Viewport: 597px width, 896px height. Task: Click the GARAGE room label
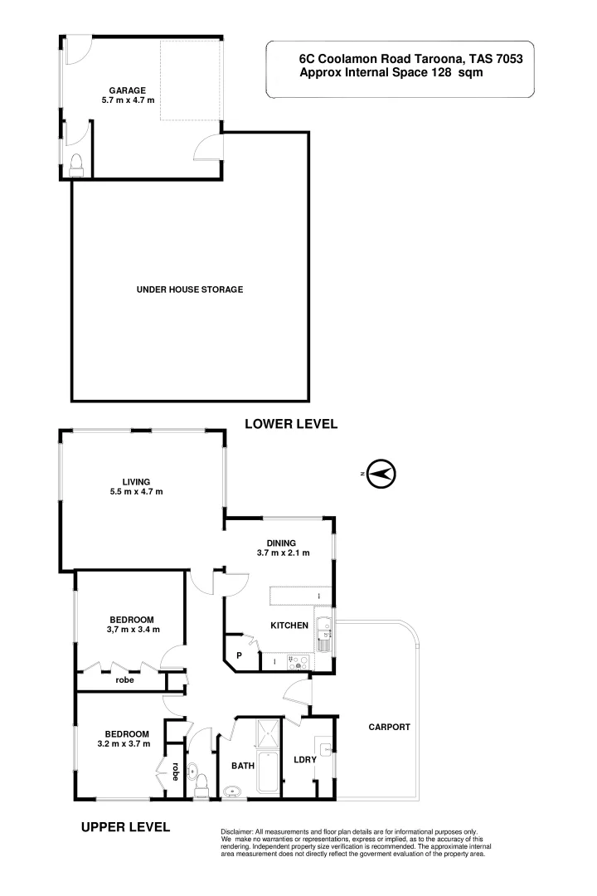click(128, 90)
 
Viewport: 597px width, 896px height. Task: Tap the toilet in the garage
click(76, 164)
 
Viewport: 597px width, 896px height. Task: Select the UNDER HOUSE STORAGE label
click(189, 290)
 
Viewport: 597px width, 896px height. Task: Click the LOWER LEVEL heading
click(291, 424)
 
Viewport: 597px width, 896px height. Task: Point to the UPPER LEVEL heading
click(125, 826)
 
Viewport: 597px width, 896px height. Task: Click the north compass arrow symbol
click(381, 474)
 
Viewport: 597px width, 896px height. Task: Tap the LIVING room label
click(136, 481)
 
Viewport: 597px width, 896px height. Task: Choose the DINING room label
click(281, 543)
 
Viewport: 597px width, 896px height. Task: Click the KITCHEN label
click(289, 626)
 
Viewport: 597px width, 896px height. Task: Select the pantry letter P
click(240, 655)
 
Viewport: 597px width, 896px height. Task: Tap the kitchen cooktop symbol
click(297, 661)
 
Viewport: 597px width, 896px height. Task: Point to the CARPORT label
click(389, 727)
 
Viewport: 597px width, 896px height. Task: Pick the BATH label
click(242, 767)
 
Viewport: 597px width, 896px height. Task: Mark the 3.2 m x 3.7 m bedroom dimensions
click(127, 743)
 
